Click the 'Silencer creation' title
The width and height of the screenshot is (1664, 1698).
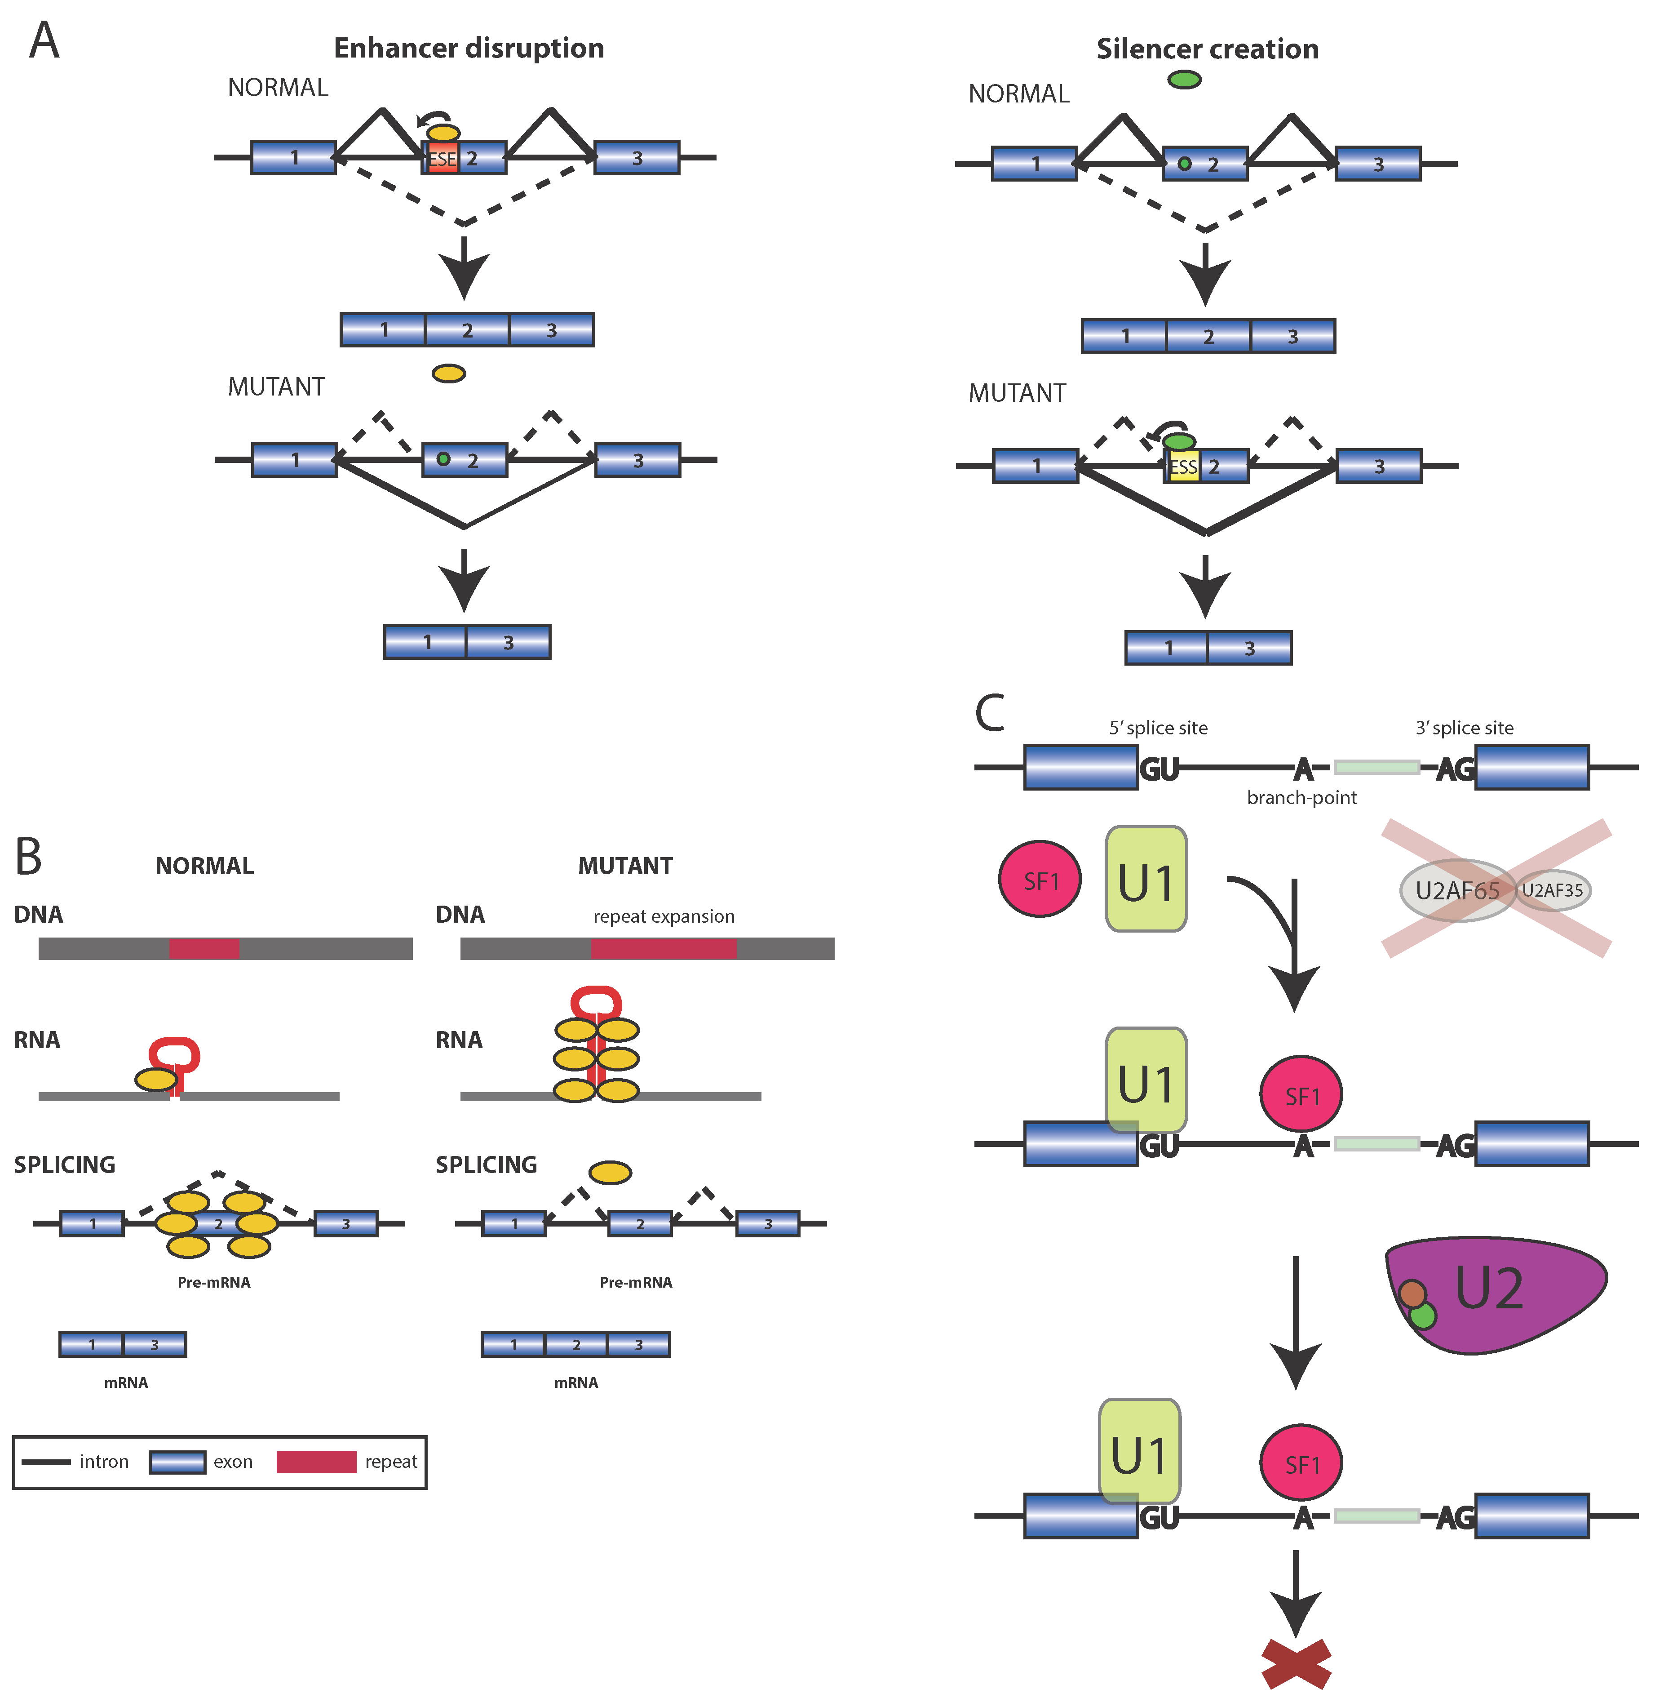(1207, 49)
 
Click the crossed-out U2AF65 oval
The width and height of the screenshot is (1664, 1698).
(1457, 890)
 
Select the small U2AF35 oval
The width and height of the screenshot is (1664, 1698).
(1553, 890)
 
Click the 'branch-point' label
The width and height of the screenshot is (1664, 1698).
(1301, 797)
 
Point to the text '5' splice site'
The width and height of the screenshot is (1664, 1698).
(1158, 728)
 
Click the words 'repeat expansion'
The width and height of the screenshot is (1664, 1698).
(664, 916)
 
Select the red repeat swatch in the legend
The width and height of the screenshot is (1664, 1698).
(316, 1462)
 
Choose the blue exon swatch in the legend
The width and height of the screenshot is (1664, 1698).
(177, 1462)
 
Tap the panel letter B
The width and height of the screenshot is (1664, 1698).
(29, 857)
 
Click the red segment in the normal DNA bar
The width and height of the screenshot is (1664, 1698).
(204, 949)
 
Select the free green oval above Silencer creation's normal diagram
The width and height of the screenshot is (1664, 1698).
(1185, 80)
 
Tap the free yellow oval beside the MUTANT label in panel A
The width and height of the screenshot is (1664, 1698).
(449, 373)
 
